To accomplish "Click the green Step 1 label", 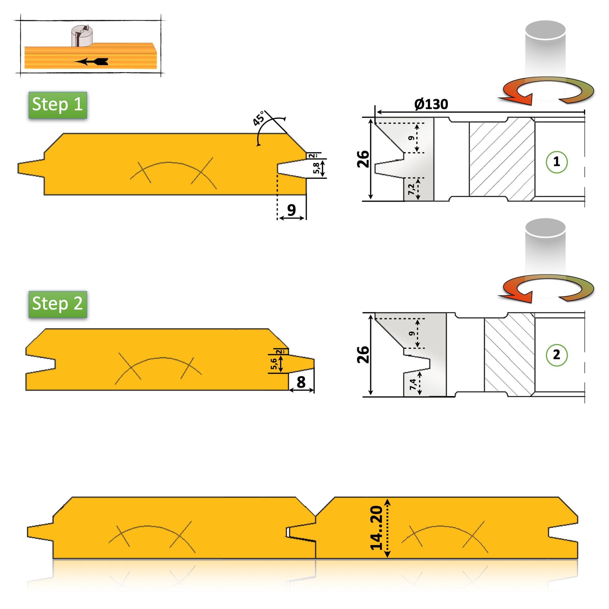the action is tap(58, 105).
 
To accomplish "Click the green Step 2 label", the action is tap(58, 304).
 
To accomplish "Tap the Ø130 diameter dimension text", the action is tap(431, 104).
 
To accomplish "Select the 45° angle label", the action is tap(259, 119).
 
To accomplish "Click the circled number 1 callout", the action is tap(556, 162).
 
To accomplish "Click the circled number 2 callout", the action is tap(556, 355).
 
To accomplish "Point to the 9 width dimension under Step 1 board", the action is tap(292, 210).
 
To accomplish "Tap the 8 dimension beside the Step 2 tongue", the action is tap(301, 382).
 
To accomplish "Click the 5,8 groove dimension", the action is tap(316, 168).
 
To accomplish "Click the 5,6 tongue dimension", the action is tap(274, 364).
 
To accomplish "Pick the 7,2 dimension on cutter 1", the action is tap(411, 189).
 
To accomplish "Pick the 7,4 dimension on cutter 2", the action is tap(412, 384).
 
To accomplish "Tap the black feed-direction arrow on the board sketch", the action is tap(91, 61).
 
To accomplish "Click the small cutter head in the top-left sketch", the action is tap(82, 36).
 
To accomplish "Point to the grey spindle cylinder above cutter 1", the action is tap(545, 60).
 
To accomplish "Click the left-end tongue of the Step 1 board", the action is tap(31, 168).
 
